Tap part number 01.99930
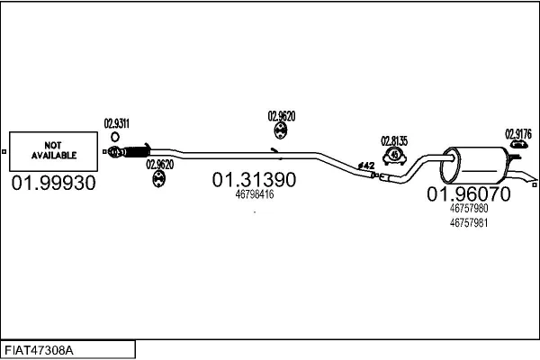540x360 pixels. pos(53,183)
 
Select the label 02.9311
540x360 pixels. pos(117,123)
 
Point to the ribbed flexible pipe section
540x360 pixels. pos(137,151)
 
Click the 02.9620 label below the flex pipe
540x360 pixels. pos(160,165)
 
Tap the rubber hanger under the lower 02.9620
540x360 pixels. pos(158,179)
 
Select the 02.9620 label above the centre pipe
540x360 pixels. pos(282,116)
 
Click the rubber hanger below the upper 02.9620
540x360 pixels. pos(281,130)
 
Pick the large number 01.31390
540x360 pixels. pos(254,180)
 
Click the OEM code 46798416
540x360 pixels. pos(255,194)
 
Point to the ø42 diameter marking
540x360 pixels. pos(366,166)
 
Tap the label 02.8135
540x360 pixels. pos(394,141)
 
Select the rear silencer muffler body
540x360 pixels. pos(474,165)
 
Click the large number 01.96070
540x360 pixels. pos(469,194)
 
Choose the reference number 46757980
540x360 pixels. pos(469,209)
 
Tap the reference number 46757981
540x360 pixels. pos(469,223)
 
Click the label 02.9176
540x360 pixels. pos(518,134)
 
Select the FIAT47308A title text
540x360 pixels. pos(39,351)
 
